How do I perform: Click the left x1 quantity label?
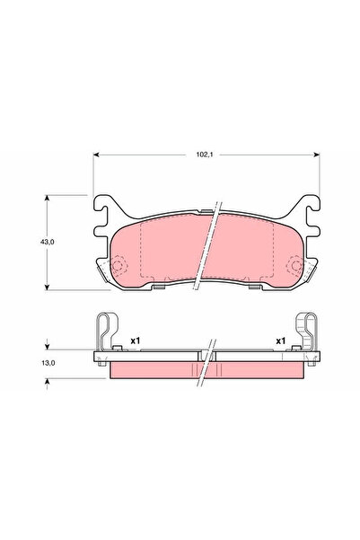(x=135, y=341)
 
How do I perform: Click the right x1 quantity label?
(x=279, y=341)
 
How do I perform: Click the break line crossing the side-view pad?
(x=208, y=364)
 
